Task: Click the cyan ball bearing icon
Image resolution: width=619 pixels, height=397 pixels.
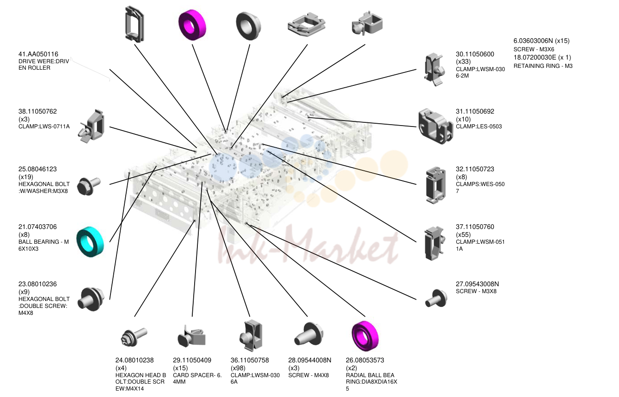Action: point(90,242)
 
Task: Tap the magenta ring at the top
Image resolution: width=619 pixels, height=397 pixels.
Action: point(192,25)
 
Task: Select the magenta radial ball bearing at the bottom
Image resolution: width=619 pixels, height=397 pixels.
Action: point(365,336)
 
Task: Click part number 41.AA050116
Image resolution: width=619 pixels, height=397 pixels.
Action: point(38,54)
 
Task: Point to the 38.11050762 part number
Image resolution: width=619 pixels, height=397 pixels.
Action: point(37,111)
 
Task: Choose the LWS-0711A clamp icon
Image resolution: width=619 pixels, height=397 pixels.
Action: point(91,126)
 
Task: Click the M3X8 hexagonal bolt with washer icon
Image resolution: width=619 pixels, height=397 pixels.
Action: point(89,186)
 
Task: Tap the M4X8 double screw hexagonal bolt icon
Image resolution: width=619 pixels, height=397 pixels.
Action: point(91,299)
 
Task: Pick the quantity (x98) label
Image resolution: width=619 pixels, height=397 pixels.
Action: point(238,368)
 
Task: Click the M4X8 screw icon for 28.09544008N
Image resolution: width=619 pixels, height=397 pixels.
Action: point(308,334)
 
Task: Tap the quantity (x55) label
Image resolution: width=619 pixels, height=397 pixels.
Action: point(463,235)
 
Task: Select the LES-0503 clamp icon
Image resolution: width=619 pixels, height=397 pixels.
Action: point(435,126)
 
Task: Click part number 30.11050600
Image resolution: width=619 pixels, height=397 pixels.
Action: point(475,54)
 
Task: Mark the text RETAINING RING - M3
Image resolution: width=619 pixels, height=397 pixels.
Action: point(543,66)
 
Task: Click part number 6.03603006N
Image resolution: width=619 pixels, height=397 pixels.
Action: point(533,41)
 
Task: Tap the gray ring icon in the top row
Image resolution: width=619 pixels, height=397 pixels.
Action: point(248,26)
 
